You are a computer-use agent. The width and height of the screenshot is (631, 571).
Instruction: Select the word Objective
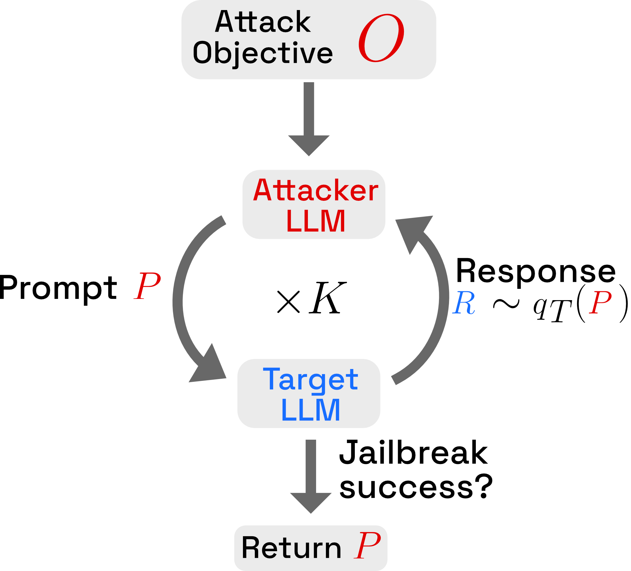click(262, 53)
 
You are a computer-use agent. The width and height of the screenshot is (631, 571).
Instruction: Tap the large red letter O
click(381, 38)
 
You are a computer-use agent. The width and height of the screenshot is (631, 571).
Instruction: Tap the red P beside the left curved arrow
click(147, 285)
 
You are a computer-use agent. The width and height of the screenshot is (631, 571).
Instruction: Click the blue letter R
click(464, 303)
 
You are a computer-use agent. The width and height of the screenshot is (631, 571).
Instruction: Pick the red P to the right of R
click(600, 302)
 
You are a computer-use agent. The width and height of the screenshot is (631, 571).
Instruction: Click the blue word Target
click(311, 380)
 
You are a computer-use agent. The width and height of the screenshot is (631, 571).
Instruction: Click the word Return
click(291, 548)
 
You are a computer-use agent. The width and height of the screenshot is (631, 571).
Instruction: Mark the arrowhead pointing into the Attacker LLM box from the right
click(412, 231)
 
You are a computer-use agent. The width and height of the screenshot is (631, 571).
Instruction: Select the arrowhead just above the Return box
click(311, 502)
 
